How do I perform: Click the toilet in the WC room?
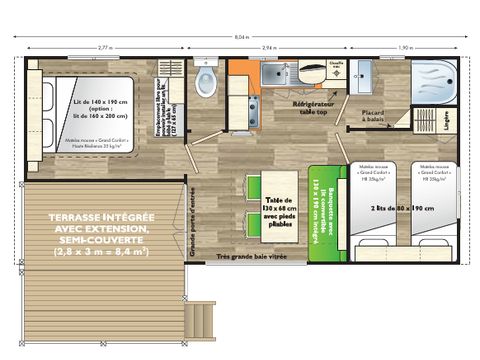(207, 85)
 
